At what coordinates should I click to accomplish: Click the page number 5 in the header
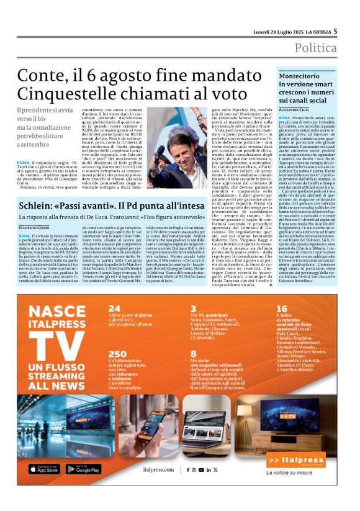pyautogui.click(x=335, y=31)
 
